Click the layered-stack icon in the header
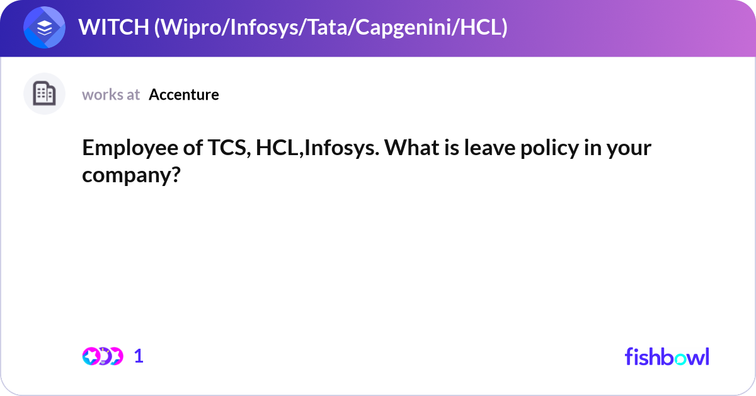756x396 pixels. coord(44,28)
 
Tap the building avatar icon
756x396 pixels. coord(44,94)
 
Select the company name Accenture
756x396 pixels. coord(184,95)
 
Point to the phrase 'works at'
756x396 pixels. coord(111,95)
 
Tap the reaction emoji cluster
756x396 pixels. coord(102,356)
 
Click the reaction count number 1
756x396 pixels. coord(139,356)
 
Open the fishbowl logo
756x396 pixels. coord(667,356)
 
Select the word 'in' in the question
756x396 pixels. coord(598,149)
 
